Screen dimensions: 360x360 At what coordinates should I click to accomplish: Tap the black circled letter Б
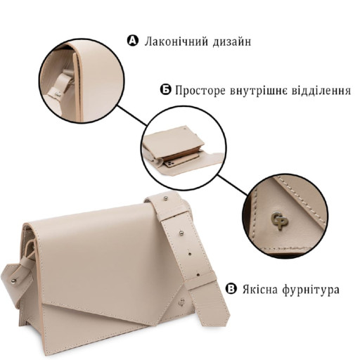pyautogui.click(x=165, y=90)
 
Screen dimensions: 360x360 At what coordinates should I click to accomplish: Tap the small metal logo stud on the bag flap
pyautogui.click(x=182, y=300)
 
